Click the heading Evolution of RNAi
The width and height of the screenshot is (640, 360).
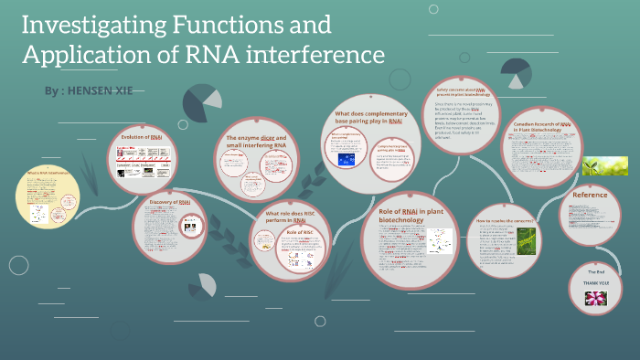tap(142, 136)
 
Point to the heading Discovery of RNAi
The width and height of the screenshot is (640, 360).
tap(169, 202)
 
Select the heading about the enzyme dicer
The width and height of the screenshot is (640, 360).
tap(262, 140)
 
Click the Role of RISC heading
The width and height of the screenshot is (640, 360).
tap(296, 233)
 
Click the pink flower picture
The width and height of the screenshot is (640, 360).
tap(596, 299)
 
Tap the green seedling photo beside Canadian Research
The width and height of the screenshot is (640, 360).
tap(605, 164)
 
